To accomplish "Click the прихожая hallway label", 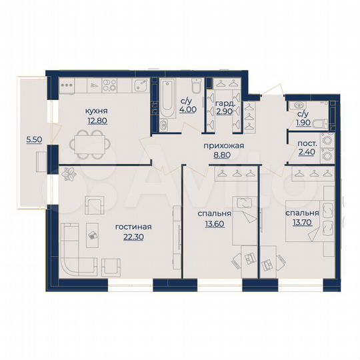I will [222, 145].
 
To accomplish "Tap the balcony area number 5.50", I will [31, 140].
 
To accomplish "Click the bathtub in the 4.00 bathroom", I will [165, 100].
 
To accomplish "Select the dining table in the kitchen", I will [89, 141].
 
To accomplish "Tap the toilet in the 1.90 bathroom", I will [319, 123].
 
